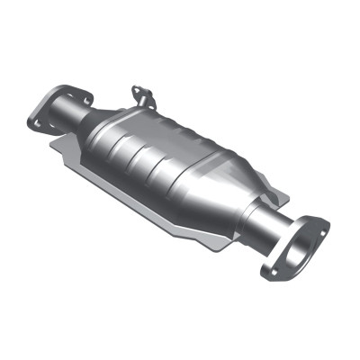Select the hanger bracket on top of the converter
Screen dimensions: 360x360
pyautogui.click(x=141, y=94)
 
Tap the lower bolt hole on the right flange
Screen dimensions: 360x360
pyautogui.click(x=270, y=271)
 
